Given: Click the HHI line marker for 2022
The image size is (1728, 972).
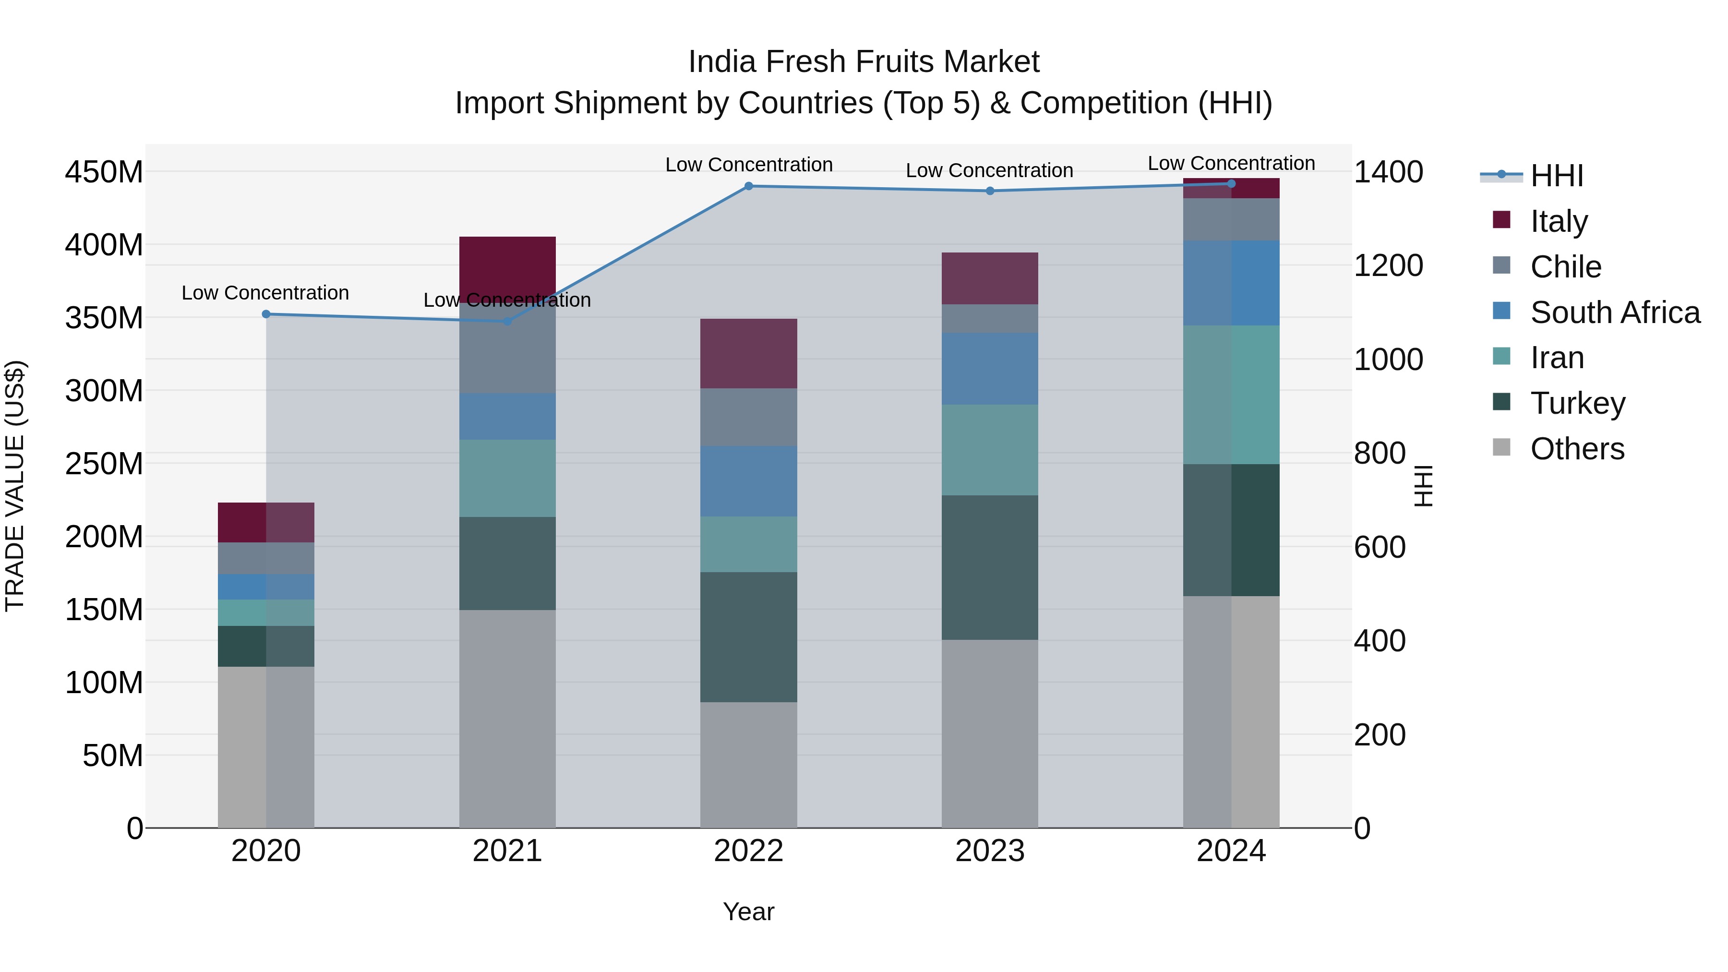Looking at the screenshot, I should pyautogui.click(x=749, y=186).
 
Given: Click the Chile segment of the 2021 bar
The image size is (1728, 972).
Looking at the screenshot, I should pyautogui.click(x=507, y=348).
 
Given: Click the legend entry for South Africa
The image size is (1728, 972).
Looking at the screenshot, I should pyautogui.click(x=1615, y=312).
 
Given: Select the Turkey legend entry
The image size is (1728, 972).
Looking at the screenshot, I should pyautogui.click(x=1577, y=403).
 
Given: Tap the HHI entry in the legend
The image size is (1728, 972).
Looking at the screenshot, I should pyautogui.click(x=1556, y=175).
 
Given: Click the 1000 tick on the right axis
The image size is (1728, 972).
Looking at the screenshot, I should pyautogui.click(x=1388, y=360).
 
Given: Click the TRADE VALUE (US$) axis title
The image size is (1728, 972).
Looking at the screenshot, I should pyautogui.click(x=15, y=486).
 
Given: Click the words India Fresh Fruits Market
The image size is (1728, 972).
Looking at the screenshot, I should pyautogui.click(x=864, y=62).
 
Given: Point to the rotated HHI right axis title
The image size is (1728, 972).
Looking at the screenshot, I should pyautogui.click(x=1423, y=486).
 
